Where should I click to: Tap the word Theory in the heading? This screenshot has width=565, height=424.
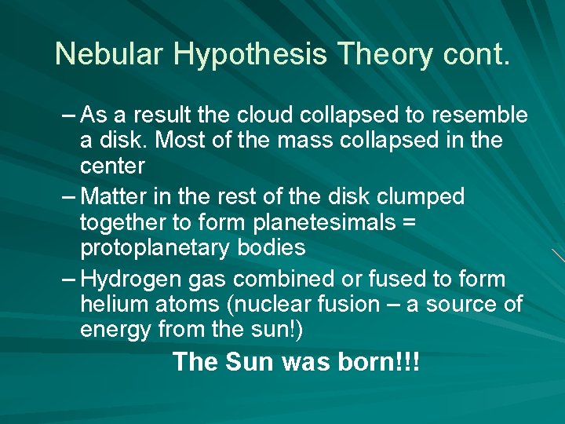click(384, 55)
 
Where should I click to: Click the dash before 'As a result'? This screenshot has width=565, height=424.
click(68, 115)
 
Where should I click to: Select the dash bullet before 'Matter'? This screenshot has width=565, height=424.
click(68, 196)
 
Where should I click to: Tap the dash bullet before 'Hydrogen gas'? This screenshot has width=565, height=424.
click(68, 279)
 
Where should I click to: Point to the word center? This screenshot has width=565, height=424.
click(112, 166)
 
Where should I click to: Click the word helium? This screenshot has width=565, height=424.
click(111, 305)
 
